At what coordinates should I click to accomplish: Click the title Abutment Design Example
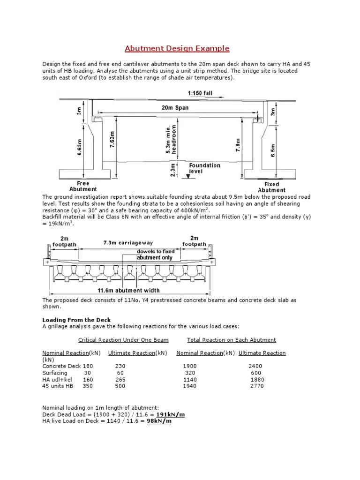pyautogui.click(x=177, y=48)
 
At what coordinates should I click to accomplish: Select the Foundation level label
pyautogui.click(x=204, y=168)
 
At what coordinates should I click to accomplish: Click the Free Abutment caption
pyautogui.click(x=83, y=186)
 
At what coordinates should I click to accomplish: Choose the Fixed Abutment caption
pyautogui.click(x=271, y=187)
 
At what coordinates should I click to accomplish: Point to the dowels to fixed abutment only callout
pyautogui.click(x=154, y=255)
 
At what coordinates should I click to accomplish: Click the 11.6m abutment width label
pyautogui.click(x=128, y=290)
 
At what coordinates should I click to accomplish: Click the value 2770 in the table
pyautogui.click(x=257, y=386)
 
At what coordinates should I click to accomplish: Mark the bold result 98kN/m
pyautogui.click(x=159, y=421)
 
